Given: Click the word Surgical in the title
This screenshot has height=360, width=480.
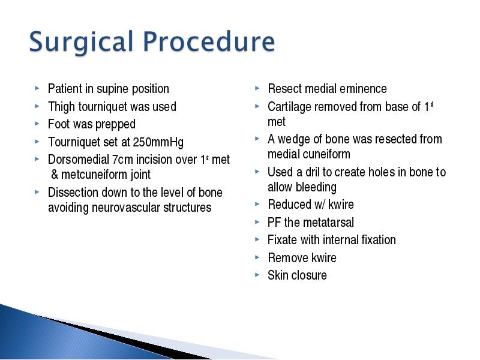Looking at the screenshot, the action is [x=82, y=42].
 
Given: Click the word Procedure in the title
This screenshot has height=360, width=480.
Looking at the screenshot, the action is [x=209, y=41].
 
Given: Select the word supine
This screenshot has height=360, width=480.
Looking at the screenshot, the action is [x=113, y=89].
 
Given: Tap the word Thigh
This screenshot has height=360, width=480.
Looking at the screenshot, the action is [x=61, y=107].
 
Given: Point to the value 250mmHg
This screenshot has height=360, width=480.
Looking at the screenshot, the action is [x=158, y=143].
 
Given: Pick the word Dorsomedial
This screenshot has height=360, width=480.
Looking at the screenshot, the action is [x=79, y=160].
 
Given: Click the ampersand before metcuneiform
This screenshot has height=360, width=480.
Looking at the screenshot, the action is [x=55, y=175].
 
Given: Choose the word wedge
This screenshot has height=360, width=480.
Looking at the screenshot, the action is [x=294, y=140].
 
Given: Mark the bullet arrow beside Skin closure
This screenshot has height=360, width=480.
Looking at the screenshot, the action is [x=257, y=275].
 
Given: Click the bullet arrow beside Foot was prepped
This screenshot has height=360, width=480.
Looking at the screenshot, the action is [x=37, y=124].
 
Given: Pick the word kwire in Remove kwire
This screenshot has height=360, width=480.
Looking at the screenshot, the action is [x=323, y=258].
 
